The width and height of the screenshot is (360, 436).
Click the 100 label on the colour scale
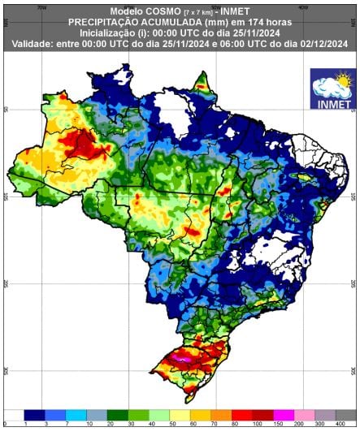coord(257,425)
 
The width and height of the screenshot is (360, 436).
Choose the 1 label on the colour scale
coord(26,425)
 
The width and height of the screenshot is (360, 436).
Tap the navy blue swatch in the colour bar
coord(36,415)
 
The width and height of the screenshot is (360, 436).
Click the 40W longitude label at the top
coord(303,7)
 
